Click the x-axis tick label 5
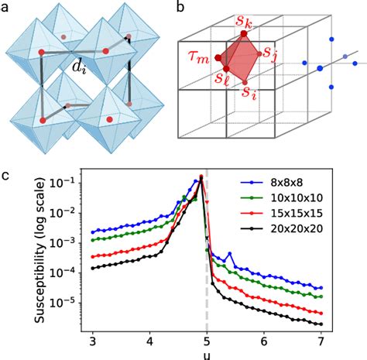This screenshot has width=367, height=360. [207, 340]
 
